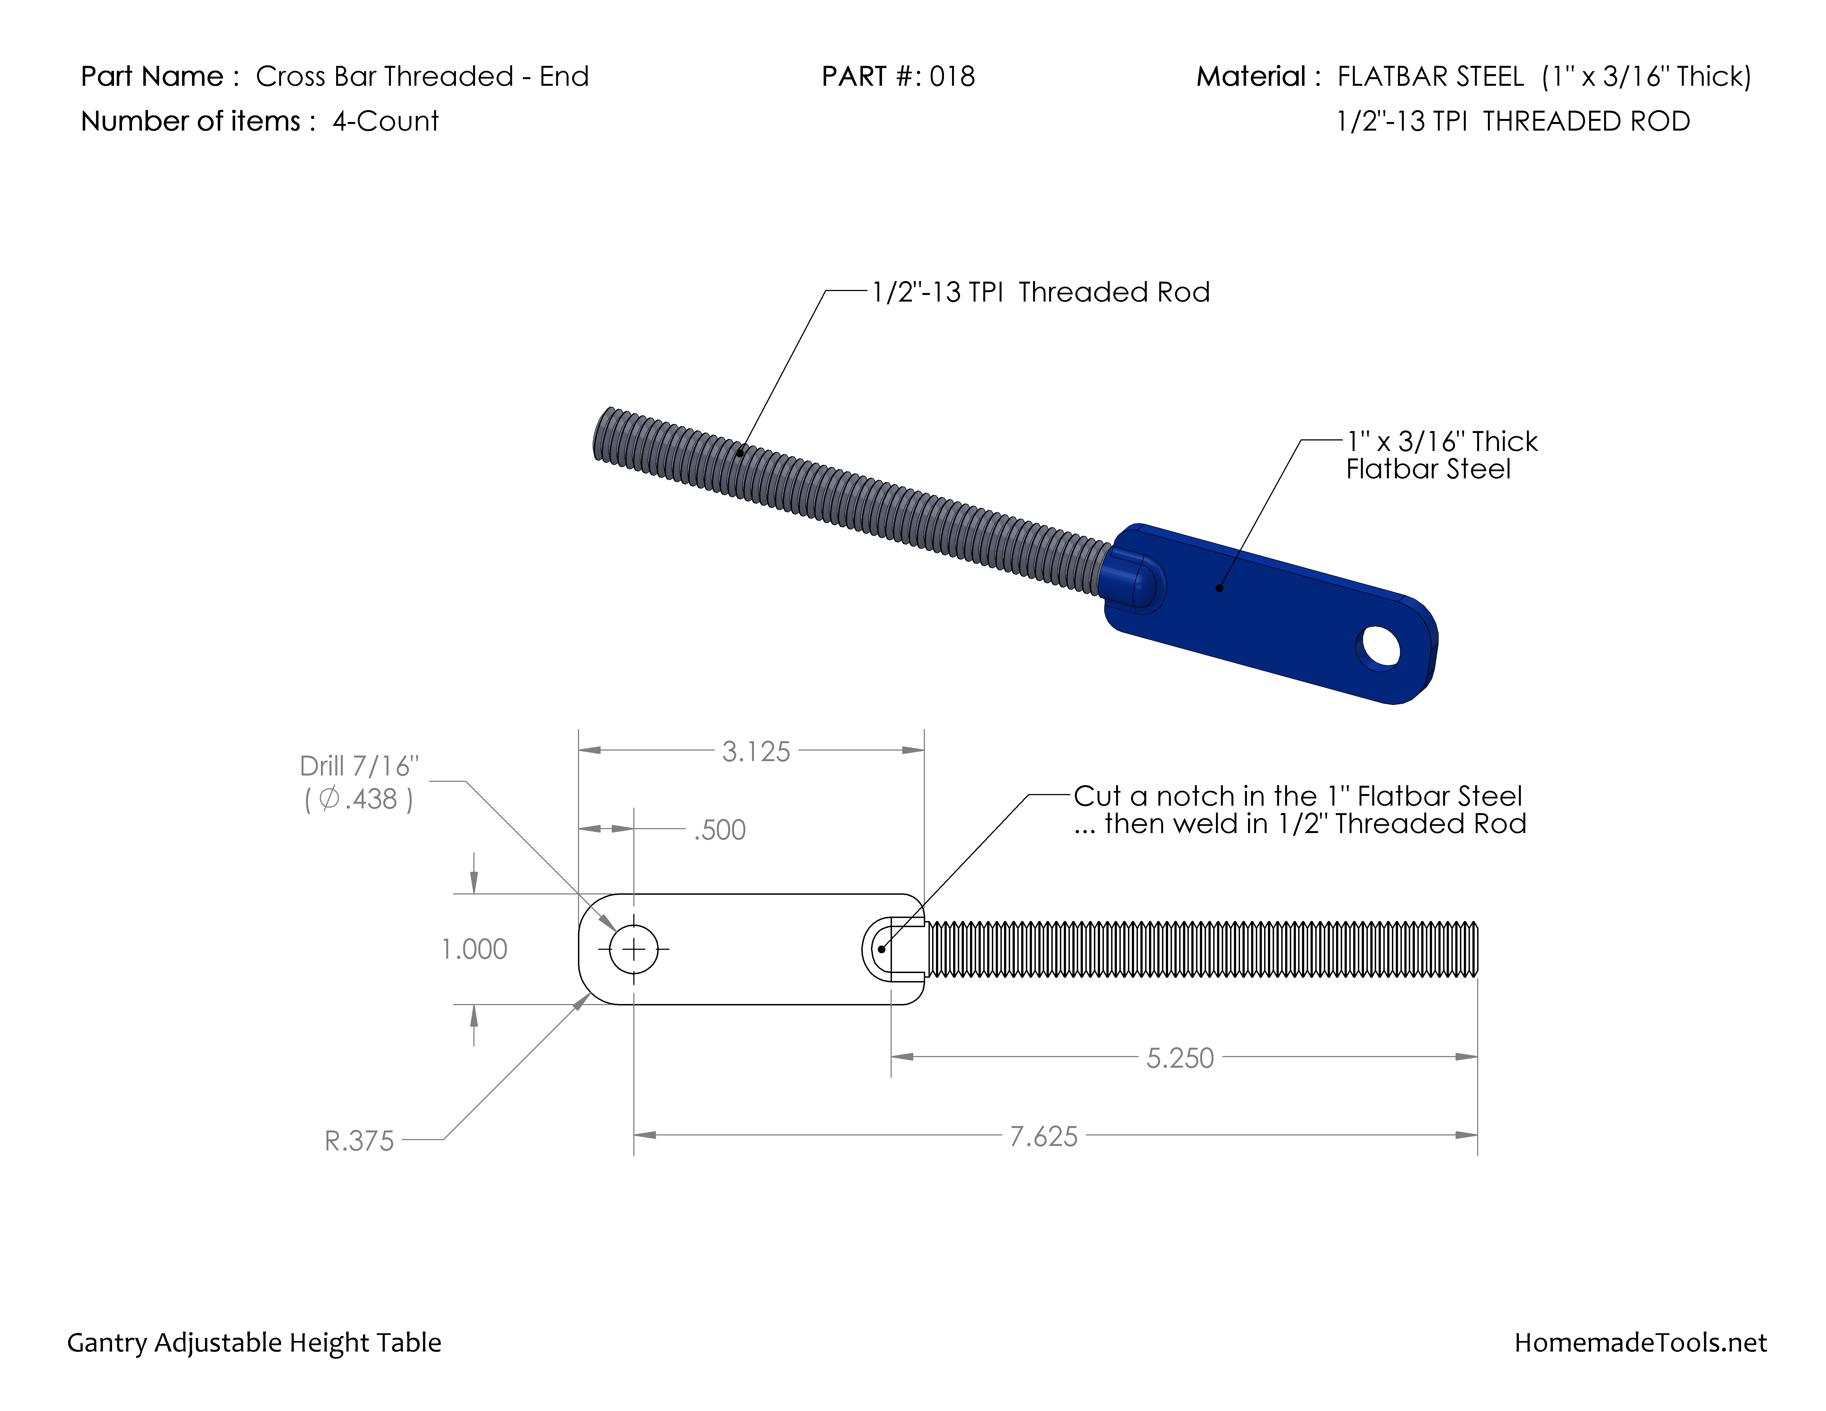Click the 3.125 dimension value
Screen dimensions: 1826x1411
click(756, 751)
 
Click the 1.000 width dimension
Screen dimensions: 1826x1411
click(474, 950)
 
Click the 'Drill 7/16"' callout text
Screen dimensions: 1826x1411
click(359, 766)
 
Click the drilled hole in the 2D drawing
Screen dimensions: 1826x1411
click(634, 950)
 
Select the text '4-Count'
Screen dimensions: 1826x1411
click(385, 121)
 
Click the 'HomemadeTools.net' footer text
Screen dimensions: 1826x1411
click(1640, 1342)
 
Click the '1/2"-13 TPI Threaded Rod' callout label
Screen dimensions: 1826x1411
click(1040, 292)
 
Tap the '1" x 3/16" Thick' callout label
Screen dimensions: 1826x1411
click(1441, 441)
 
